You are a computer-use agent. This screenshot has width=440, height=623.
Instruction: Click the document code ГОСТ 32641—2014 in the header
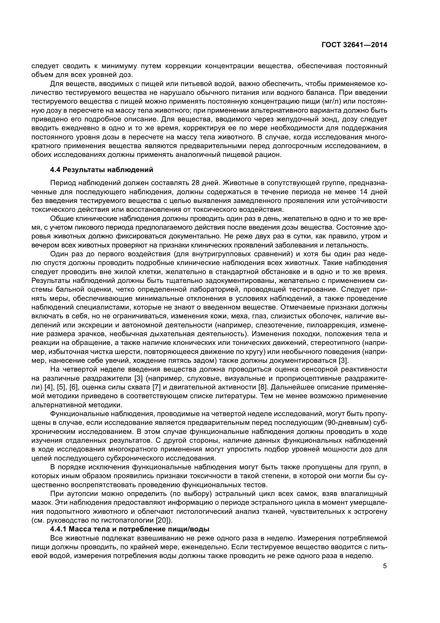(x=354, y=45)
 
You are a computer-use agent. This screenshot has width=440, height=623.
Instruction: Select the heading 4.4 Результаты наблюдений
(x=102, y=170)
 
